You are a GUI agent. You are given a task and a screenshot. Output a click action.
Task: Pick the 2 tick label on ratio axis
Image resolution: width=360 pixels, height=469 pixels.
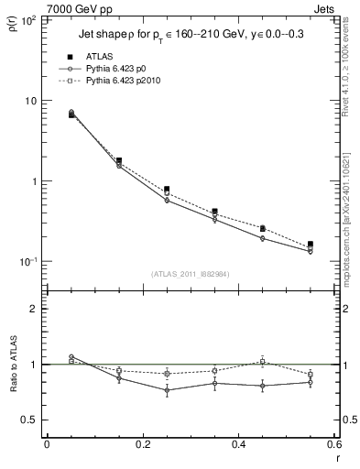coord(33,309)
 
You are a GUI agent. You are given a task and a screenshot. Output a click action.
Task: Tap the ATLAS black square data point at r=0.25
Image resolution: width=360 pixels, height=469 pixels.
coord(167,190)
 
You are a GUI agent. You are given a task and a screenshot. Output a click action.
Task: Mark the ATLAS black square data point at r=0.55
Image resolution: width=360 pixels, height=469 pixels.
coord(311,245)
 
